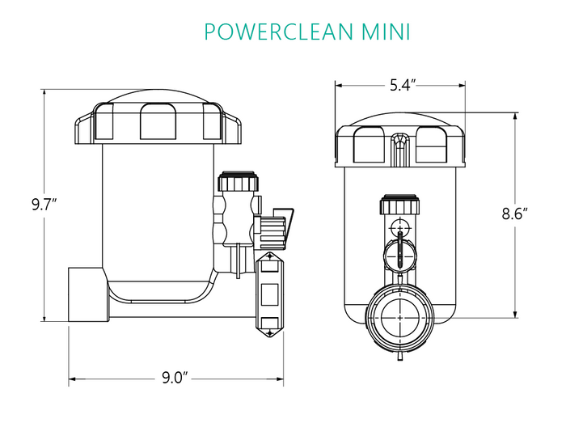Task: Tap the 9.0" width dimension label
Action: [175, 378]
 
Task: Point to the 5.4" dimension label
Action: [402, 84]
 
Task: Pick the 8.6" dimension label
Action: [514, 214]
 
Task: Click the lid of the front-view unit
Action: [401, 142]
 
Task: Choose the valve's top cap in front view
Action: [400, 205]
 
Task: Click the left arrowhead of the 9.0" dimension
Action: [72, 378]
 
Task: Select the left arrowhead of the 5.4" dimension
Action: [338, 84]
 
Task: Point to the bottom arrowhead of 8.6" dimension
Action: [514, 315]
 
